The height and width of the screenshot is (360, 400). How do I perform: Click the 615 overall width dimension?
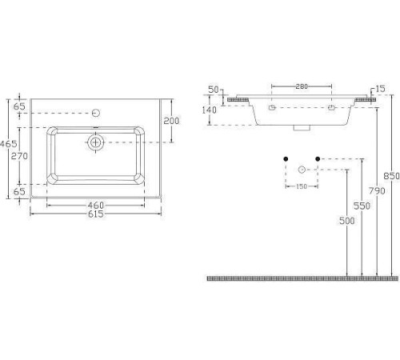pyautogui.click(x=96, y=214)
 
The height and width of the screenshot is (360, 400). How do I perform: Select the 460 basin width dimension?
pyautogui.click(x=96, y=206)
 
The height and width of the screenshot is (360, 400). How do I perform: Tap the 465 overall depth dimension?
pyautogui.click(x=9, y=144)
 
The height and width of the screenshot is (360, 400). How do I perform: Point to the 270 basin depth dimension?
pyautogui.click(x=19, y=156)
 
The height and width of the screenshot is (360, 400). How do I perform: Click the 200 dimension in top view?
pyautogui.click(x=171, y=121)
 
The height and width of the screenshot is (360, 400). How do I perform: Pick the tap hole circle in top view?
pyautogui.click(x=96, y=113)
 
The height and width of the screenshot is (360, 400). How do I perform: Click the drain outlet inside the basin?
pyautogui.click(x=95, y=142)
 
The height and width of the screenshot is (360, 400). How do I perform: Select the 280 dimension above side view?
pyautogui.click(x=302, y=86)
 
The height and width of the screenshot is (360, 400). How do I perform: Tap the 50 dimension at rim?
pyautogui.click(x=214, y=90)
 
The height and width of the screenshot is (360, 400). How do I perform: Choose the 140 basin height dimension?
pyautogui.click(x=210, y=110)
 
